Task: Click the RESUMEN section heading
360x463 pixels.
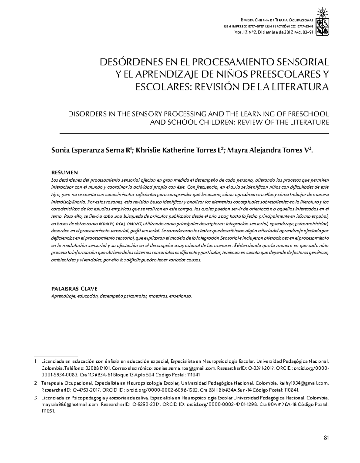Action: pos(64,172)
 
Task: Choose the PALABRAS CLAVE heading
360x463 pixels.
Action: pos(74,289)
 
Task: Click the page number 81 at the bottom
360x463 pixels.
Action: pos(326,437)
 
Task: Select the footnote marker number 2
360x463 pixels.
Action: pos(35,383)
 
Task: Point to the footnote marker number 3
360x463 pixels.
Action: pos(35,398)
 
